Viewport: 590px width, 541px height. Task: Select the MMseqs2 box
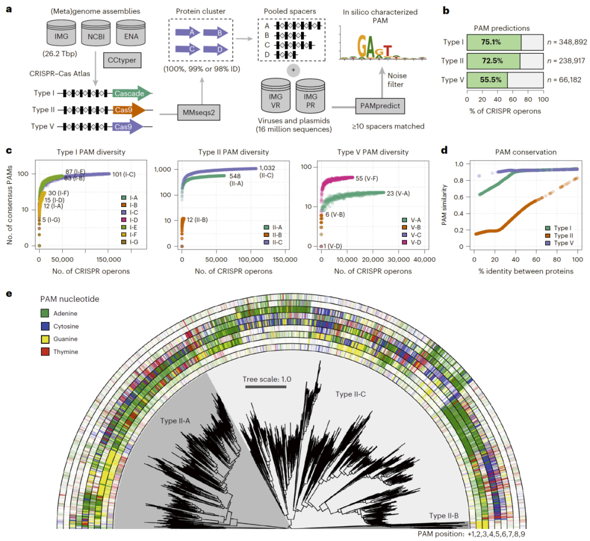click(198, 114)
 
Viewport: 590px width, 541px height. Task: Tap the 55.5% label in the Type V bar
click(487, 80)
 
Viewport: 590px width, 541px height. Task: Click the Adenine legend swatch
click(46, 313)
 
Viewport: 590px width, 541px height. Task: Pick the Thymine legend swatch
click(46, 352)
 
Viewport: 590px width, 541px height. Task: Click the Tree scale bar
click(265, 387)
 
